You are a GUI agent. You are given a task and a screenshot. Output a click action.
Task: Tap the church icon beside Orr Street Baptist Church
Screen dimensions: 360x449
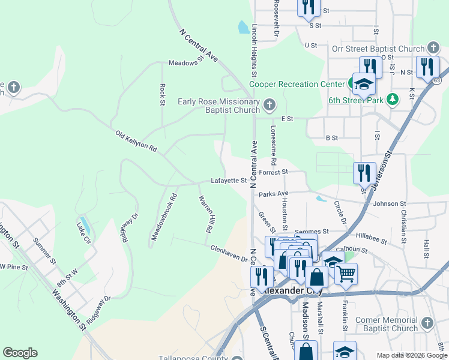433,48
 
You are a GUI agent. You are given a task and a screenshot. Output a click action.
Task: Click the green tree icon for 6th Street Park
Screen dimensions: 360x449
393,99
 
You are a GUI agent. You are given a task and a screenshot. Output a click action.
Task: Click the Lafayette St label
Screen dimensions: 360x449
229,180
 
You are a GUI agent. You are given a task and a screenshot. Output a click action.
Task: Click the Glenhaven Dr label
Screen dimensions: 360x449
229,253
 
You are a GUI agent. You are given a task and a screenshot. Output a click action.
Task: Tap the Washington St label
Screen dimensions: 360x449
68,310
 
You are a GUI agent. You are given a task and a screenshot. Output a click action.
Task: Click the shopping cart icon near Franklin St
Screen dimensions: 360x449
345,274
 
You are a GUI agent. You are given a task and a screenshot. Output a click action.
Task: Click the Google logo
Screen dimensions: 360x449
20,353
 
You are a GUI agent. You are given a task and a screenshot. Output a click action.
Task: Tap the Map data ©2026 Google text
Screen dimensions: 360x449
411,355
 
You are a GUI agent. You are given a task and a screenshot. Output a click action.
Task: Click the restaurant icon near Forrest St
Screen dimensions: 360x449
364,173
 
